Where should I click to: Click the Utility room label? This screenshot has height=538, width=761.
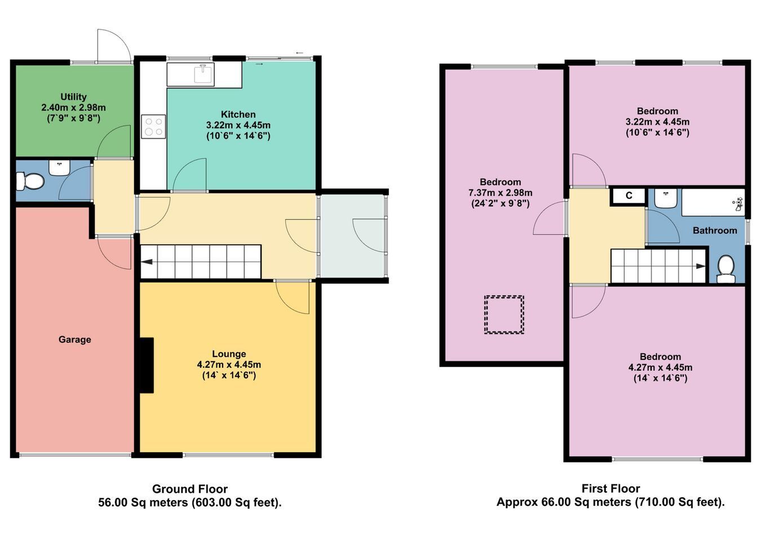click(x=73, y=97)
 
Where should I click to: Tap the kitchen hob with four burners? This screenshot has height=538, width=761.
click(x=153, y=126)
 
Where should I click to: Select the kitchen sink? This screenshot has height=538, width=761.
click(x=203, y=74)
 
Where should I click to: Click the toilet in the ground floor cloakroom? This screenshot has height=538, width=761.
click(x=30, y=181)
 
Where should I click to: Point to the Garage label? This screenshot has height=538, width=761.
click(x=75, y=339)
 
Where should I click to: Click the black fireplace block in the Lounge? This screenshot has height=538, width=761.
click(x=147, y=365)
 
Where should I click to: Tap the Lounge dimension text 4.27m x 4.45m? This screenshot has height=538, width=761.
click(x=229, y=365)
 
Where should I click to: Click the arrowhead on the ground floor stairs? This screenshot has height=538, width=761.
click(x=146, y=262)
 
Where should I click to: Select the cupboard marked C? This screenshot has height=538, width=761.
click(x=629, y=196)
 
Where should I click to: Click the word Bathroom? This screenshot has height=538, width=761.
click(x=715, y=231)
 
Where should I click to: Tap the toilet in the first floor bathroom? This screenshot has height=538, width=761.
click(x=726, y=269)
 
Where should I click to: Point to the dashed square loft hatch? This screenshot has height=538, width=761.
click(x=504, y=314)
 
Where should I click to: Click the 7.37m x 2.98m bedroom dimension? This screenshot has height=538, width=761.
click(x=501, y=193)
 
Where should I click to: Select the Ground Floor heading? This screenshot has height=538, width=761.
click(x=190, y=489)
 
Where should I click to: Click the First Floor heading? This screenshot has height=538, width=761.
click(x=611, y=489)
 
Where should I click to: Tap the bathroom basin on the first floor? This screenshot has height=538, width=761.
click(x=666, y=199)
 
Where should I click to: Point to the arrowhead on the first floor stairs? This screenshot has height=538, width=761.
click(x=701, y=266)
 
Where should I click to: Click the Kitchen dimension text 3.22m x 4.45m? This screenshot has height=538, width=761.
click(x=238, y=125)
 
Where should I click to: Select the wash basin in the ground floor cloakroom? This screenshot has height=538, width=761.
click(x=59, y=168)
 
